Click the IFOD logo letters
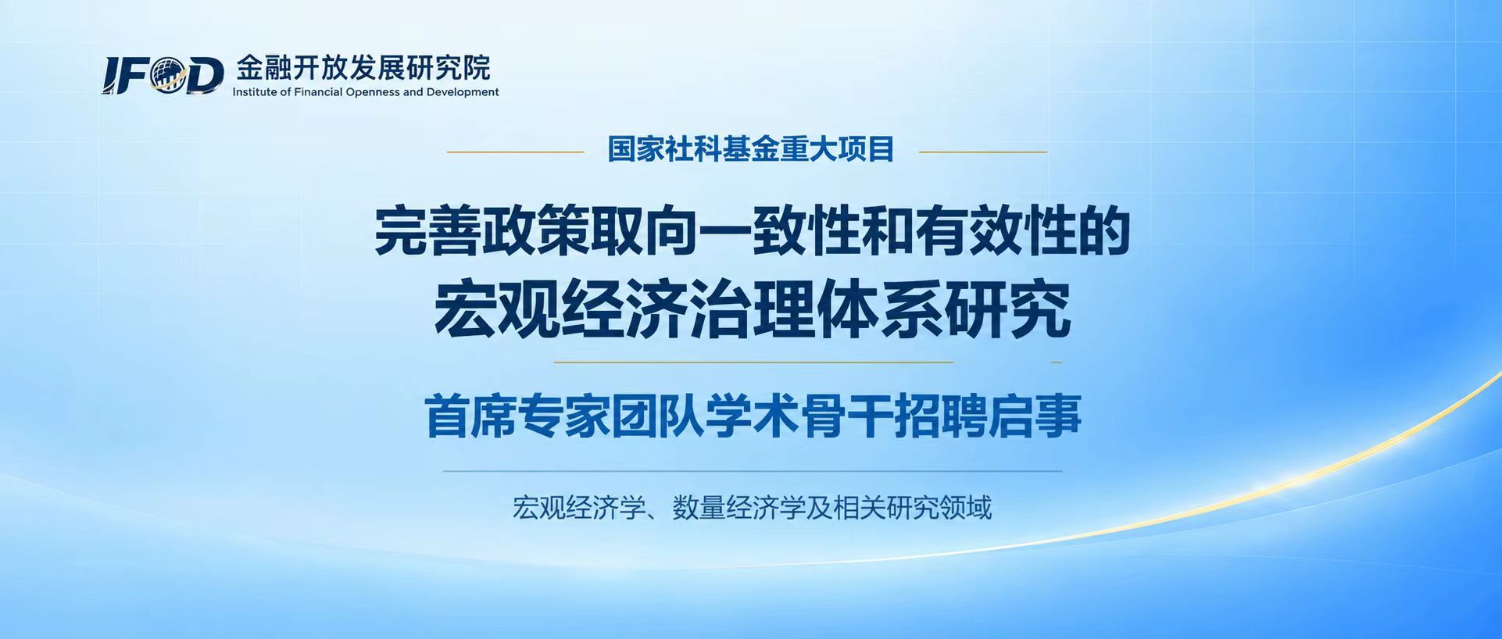pyautogui.click(x=163, y=76)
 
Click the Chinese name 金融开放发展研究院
pyautogui.click(x=363, y=68)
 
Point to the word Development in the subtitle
pyautogui.click(x=462, y=92)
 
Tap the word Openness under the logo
pyautogui.click(x=374, y=92)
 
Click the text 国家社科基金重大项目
pyautogui.click(x=751, y=148)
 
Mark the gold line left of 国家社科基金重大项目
pyautogui.click(x=516, y=152)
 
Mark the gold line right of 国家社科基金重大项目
pyautogui.click(x=983, y=152)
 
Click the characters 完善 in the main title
pyautogui.click(x=427, y=231)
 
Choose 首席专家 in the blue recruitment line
pyautogui.click(x=517, y=416)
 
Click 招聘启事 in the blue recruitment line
pyautogui.click(x=989, y=416)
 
